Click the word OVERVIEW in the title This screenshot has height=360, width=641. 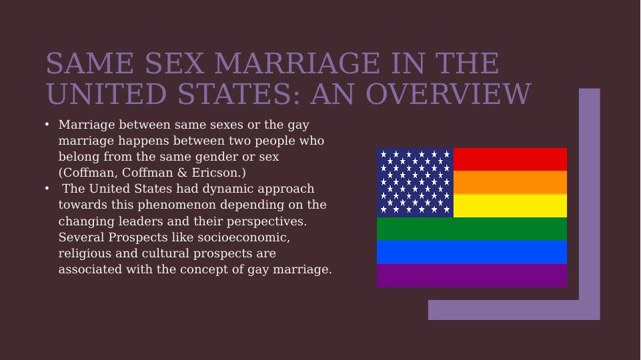(448, 94)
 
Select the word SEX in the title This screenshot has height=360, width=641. (175, 63)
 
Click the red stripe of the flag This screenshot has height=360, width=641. (510, 159)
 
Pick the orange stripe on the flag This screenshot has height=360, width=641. (510, 182)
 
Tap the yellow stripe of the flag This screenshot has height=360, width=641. (510, 205)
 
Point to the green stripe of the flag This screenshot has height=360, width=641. (472, 229)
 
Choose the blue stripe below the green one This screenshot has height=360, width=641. (472, 252)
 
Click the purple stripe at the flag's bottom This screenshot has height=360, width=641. (472, 275)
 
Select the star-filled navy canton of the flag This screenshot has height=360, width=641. (416, 183)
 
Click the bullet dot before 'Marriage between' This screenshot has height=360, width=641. (47, 124)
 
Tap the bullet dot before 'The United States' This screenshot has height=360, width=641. (47, 189)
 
